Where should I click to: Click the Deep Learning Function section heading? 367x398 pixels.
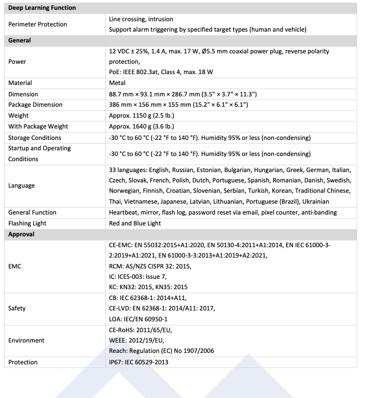tap(42, 8)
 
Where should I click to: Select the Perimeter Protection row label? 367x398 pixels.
tap(37, 24)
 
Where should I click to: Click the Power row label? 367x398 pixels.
tap(17, 62)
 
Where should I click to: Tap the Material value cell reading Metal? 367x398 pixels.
tap(117, 83)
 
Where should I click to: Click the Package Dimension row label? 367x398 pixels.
tap(35, 105)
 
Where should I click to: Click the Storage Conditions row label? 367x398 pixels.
tap(35, 138)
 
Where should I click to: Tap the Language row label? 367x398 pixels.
tap(22, 186)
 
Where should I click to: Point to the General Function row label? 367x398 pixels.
tap(33, 212)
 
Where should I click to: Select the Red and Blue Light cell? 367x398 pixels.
tap(135, 223)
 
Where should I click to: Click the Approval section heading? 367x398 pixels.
tap(21, 234)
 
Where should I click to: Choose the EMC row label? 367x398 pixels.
tap(15, 266)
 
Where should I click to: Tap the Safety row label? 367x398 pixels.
tap(17, 308)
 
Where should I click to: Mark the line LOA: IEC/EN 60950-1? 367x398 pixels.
tap(138, 319)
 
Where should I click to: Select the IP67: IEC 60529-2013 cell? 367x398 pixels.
tap(138, 362)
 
